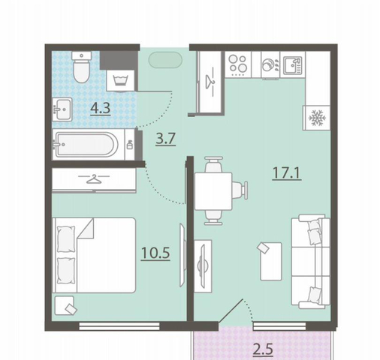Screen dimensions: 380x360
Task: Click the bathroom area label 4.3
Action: coord(101,109)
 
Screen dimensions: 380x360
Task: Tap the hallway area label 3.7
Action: coord(165,139)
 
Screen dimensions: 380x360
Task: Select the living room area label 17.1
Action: coord(287,173)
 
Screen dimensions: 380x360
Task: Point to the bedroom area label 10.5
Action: coord(155,253)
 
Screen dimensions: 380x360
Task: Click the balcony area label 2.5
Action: coord(263,349)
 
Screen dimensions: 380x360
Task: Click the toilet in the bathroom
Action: coord(81,67)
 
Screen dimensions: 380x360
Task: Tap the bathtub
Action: coord(86,145)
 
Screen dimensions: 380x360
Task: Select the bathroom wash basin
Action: coord(62,109)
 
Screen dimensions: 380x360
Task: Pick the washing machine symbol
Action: coord(121,80)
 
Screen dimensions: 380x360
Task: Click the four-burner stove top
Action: coord(238,64)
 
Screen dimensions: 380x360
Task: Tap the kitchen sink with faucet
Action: coord(293,65)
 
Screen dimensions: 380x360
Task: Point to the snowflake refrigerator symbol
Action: coord(317,118)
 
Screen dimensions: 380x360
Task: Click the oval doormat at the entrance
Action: coord(165,60)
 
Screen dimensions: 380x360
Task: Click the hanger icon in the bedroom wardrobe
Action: coord(94,179)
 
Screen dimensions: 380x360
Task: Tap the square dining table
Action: coord(213,191)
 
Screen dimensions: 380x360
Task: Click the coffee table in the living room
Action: coord(271,261)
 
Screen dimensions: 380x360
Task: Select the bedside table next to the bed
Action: coord(65,305)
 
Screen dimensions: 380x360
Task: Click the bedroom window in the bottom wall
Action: coord(119,325)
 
